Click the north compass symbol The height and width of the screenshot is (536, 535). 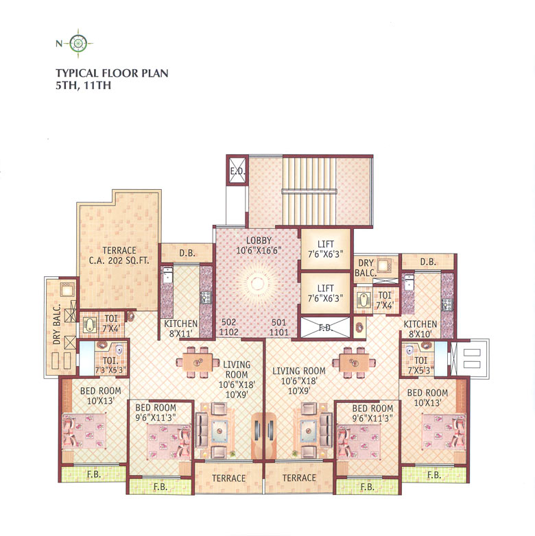(80, 43)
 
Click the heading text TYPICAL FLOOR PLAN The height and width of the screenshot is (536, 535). (112, 72)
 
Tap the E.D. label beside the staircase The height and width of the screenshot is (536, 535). (237, 171)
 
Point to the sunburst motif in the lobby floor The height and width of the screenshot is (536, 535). (257, 283)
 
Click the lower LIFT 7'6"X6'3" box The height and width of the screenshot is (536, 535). (326, 293)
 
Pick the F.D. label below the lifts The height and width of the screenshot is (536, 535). (325, 328)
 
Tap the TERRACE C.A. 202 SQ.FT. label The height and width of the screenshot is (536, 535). (119, 256)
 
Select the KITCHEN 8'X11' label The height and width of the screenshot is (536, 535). (180, 328)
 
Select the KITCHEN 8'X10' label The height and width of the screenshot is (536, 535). (420, 328)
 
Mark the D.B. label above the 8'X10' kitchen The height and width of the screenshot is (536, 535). (428, 262)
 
